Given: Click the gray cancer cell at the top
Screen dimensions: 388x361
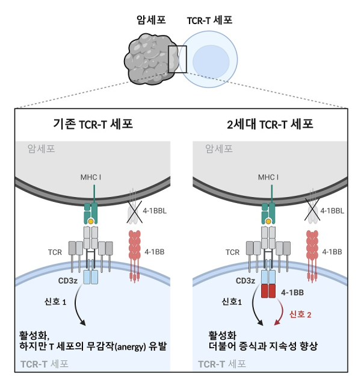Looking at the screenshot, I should point(147,58).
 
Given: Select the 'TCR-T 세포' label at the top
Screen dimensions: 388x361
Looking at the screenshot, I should point(210,20).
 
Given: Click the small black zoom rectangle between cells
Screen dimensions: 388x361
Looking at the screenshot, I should point(177,59).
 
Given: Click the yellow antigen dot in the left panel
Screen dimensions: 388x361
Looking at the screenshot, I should point(91,222).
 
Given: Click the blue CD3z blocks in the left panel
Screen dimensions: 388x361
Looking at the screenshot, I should point(91,277).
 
